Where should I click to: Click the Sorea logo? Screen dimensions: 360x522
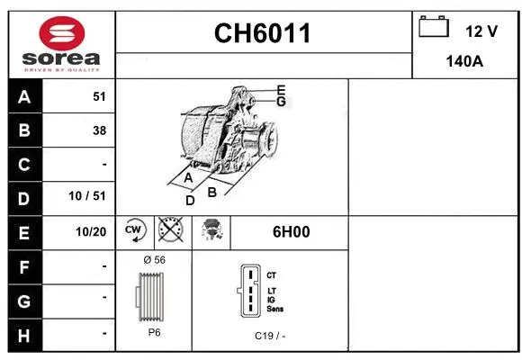tap(61, 45)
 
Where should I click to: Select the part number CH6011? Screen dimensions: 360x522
tap(263, 33)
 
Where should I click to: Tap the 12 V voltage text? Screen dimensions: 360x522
tap(481, 31)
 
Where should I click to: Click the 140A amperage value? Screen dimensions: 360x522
tap(465, 63)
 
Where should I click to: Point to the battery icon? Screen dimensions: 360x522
tap(434, 29)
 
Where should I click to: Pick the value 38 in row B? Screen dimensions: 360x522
tap(99, 130)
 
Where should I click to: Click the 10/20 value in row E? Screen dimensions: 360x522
tap(92, 232)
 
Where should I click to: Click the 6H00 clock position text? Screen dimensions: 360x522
tap(291, 231)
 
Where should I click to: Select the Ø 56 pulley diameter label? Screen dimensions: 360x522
tap(154, 259)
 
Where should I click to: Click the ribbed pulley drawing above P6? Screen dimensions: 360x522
tap(153, 295)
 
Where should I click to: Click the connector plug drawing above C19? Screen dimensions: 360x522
tap(249, 292)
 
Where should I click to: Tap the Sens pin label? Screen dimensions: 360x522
tap(275, 309)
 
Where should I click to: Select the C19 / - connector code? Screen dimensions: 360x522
tap(269, 335)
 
